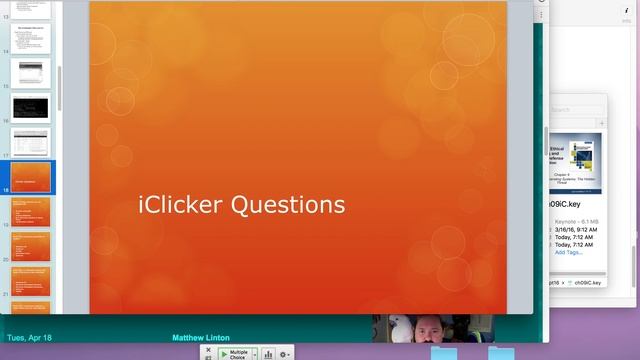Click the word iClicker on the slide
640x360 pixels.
pos(181,205)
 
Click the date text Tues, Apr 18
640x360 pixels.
pos(29,338)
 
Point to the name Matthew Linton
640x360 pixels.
pos(201,338)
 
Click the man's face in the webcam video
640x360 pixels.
pos(441,330)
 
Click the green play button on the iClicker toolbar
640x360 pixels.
pos(224,353)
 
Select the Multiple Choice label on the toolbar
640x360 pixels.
pos(239,353)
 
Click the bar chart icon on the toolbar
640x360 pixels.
pos(268,354)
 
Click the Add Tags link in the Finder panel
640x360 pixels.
pos(569,252)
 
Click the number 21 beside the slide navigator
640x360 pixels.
pos(6,294)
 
